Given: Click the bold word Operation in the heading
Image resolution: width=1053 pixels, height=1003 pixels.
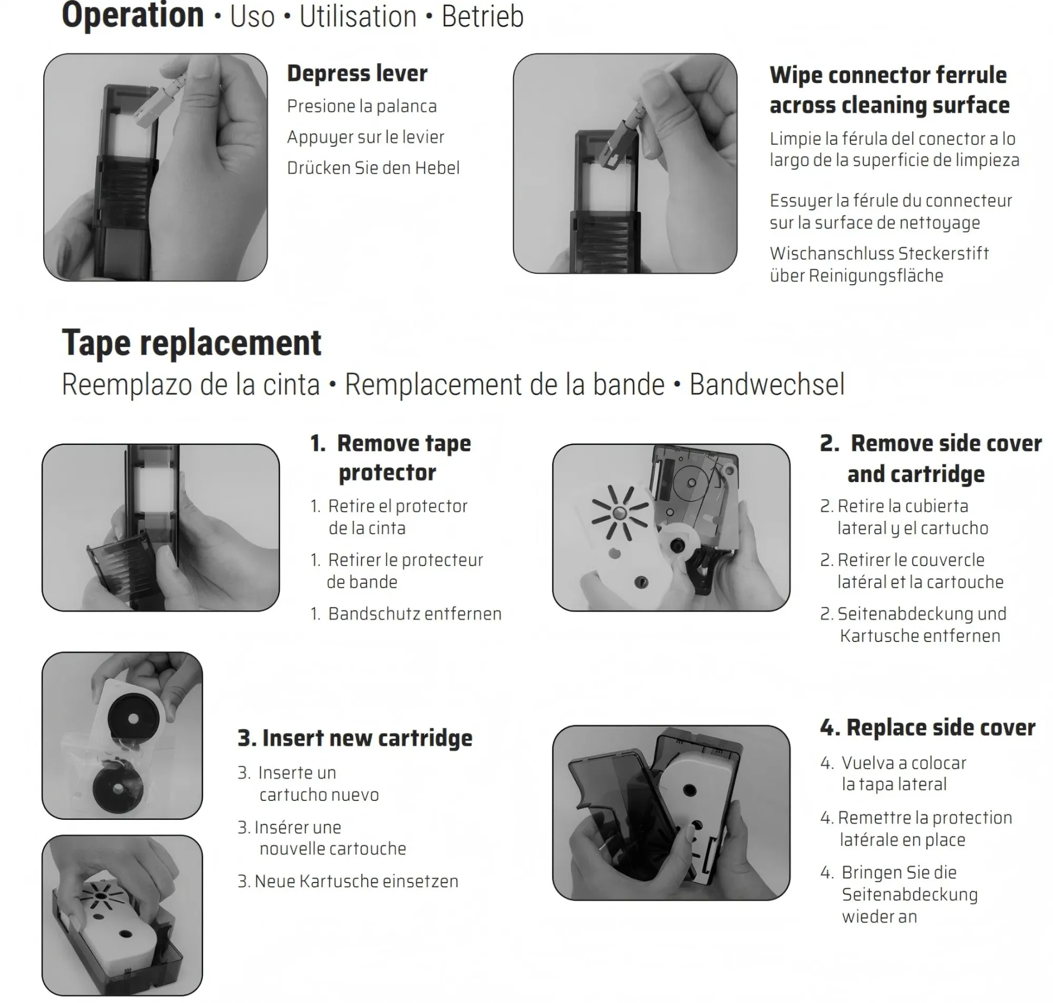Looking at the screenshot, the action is (x=133, y=16).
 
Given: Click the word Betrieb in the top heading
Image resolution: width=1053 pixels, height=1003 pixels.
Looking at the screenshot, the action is (x=482, y=16).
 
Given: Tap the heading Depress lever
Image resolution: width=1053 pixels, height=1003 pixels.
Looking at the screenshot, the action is (x=357, y=73).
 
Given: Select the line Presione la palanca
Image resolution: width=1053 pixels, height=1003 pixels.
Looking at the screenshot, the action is (x=362, y=106).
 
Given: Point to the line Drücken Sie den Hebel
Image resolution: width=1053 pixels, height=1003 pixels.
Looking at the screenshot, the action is (x=373, y=167).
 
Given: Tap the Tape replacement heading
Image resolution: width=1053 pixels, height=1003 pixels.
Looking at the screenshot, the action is (x=192, y=343).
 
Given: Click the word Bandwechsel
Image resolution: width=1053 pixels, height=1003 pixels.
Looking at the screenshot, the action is (x=767, y=384).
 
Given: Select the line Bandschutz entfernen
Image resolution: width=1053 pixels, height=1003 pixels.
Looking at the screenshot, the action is (x=414, y=613).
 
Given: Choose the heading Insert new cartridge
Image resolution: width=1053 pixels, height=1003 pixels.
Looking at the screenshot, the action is (x=355, y=738).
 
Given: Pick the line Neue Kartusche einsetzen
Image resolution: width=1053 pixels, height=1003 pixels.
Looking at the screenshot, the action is (x=356, y=881).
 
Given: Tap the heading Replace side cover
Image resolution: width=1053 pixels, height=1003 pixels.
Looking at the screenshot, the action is (x=928, y=727).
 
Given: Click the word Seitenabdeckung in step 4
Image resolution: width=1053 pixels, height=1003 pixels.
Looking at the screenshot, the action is (x=910, y=895).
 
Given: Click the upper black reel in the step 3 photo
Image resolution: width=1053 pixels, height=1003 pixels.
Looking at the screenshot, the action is (x=133, y=717).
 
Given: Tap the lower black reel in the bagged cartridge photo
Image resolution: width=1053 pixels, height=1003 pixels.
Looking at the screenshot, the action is (x=117, y=788).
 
